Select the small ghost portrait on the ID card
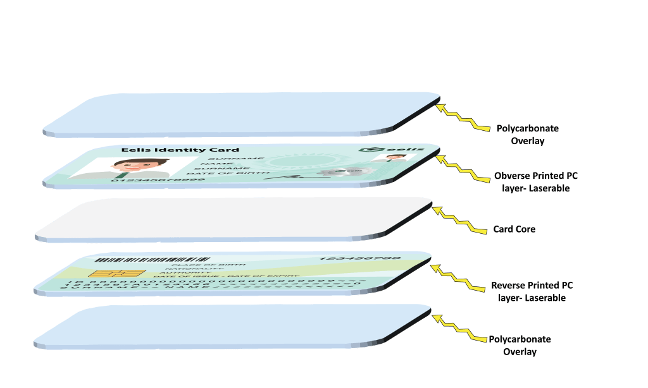384,159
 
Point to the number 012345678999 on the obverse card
158,181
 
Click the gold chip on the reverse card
107,274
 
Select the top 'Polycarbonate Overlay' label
528,135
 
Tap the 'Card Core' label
514,229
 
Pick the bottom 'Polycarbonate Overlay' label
520,345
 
